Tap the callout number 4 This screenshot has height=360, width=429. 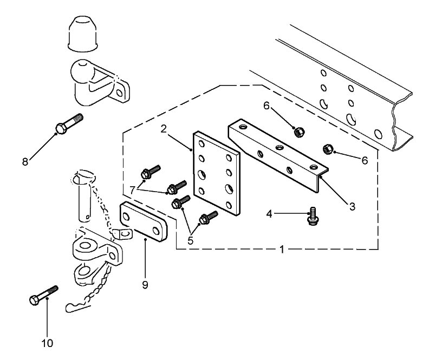coord(269,214)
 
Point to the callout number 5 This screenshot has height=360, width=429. coord(190,240)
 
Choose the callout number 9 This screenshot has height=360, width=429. coord(145,284)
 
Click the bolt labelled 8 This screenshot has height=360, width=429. coord(69,124)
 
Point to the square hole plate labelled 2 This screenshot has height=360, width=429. coord(216,171)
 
